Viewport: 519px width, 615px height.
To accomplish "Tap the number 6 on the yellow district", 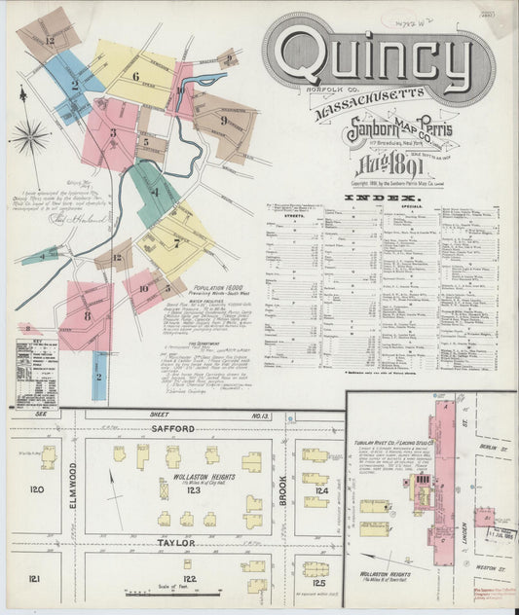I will [135, 76].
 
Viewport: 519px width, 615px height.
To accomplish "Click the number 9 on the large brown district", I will [223, 121].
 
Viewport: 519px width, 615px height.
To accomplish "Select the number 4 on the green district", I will [154, 192].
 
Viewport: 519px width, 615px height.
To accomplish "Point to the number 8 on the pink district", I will [87, 314].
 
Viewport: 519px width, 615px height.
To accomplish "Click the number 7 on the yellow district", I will [175, 242].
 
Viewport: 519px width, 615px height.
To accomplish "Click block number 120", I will [37, 489].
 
